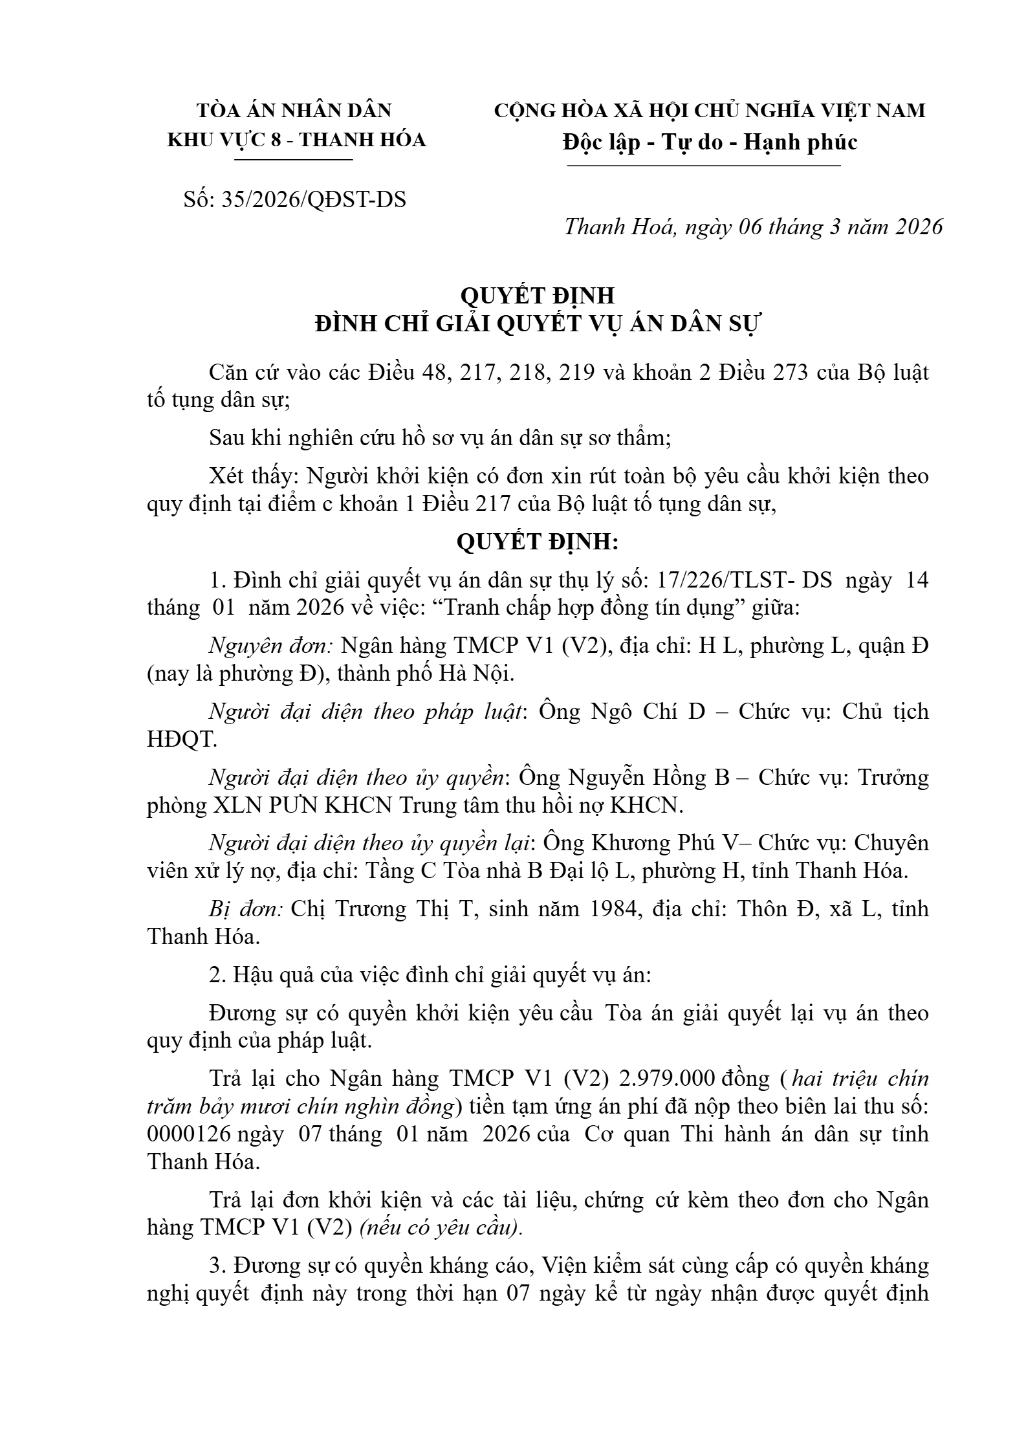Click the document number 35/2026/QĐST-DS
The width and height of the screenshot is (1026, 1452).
[314, 200]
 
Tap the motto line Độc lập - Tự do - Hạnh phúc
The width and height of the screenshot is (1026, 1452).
[710, 142]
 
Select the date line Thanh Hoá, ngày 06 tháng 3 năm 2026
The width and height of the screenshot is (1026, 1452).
[753, 227]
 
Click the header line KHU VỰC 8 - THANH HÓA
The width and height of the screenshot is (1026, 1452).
[296, 140]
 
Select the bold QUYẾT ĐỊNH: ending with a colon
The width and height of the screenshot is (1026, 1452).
[537, 542]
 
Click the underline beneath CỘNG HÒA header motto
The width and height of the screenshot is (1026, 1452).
[704, 166]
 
